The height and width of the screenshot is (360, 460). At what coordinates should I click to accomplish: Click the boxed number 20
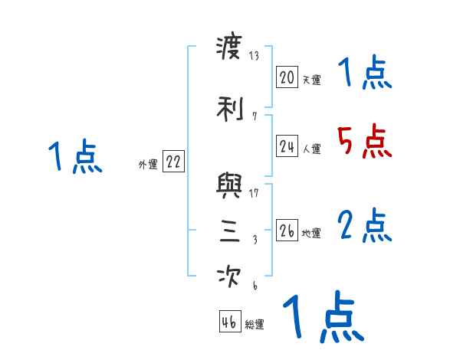(x=287, y=77)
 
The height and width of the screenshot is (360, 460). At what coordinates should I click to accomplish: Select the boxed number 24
(x=287, y=147)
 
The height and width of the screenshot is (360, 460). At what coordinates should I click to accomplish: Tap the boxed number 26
(x=287, y=231)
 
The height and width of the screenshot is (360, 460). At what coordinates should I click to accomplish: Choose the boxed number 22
(x=173, y=162)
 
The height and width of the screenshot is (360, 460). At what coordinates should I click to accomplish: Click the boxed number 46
(x=229, y=322)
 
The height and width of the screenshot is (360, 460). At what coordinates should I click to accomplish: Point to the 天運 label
(x=311, y=79)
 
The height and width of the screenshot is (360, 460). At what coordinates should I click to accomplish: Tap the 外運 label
(x=148, y=164)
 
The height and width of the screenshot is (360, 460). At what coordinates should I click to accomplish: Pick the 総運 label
(x=254, y=325)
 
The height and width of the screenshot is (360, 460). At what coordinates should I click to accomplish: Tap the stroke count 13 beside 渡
(x=255, y=57)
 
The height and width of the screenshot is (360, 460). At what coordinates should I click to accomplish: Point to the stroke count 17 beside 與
(x=254, y=192)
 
